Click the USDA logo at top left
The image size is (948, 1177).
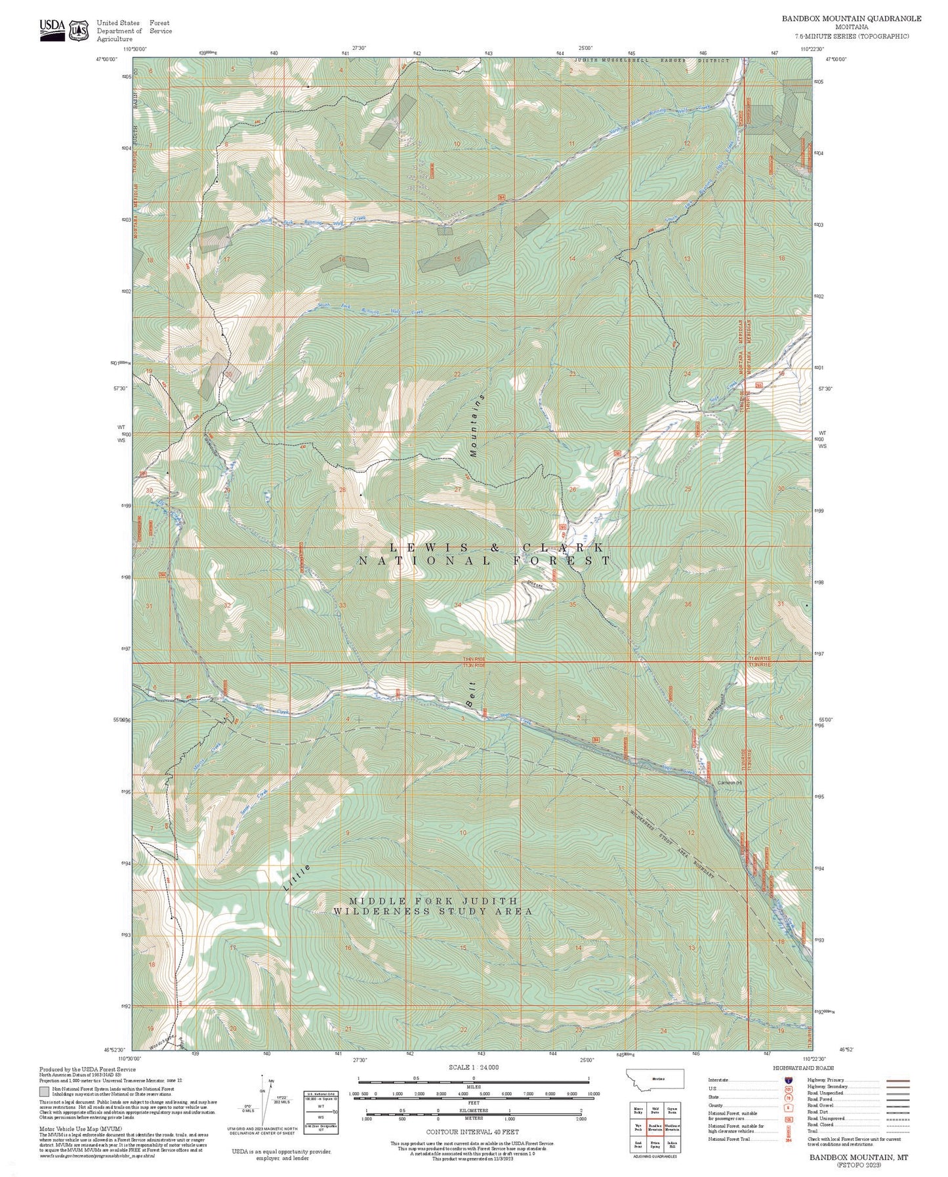[x=52, y=30]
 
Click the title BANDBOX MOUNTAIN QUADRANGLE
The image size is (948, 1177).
[x=851, y=18]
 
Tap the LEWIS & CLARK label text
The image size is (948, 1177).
[x=496, y=547]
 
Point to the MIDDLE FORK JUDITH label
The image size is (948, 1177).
[x=433, y=901]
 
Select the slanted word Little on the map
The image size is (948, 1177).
[x=297, y=877]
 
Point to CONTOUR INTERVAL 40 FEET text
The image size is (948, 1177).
[x=472, y=1132]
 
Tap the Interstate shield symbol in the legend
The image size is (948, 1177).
[x=787, y=1079]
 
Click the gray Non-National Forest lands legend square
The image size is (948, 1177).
[x=44, y=1092]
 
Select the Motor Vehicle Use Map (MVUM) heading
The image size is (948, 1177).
[x=70, y=1128]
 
